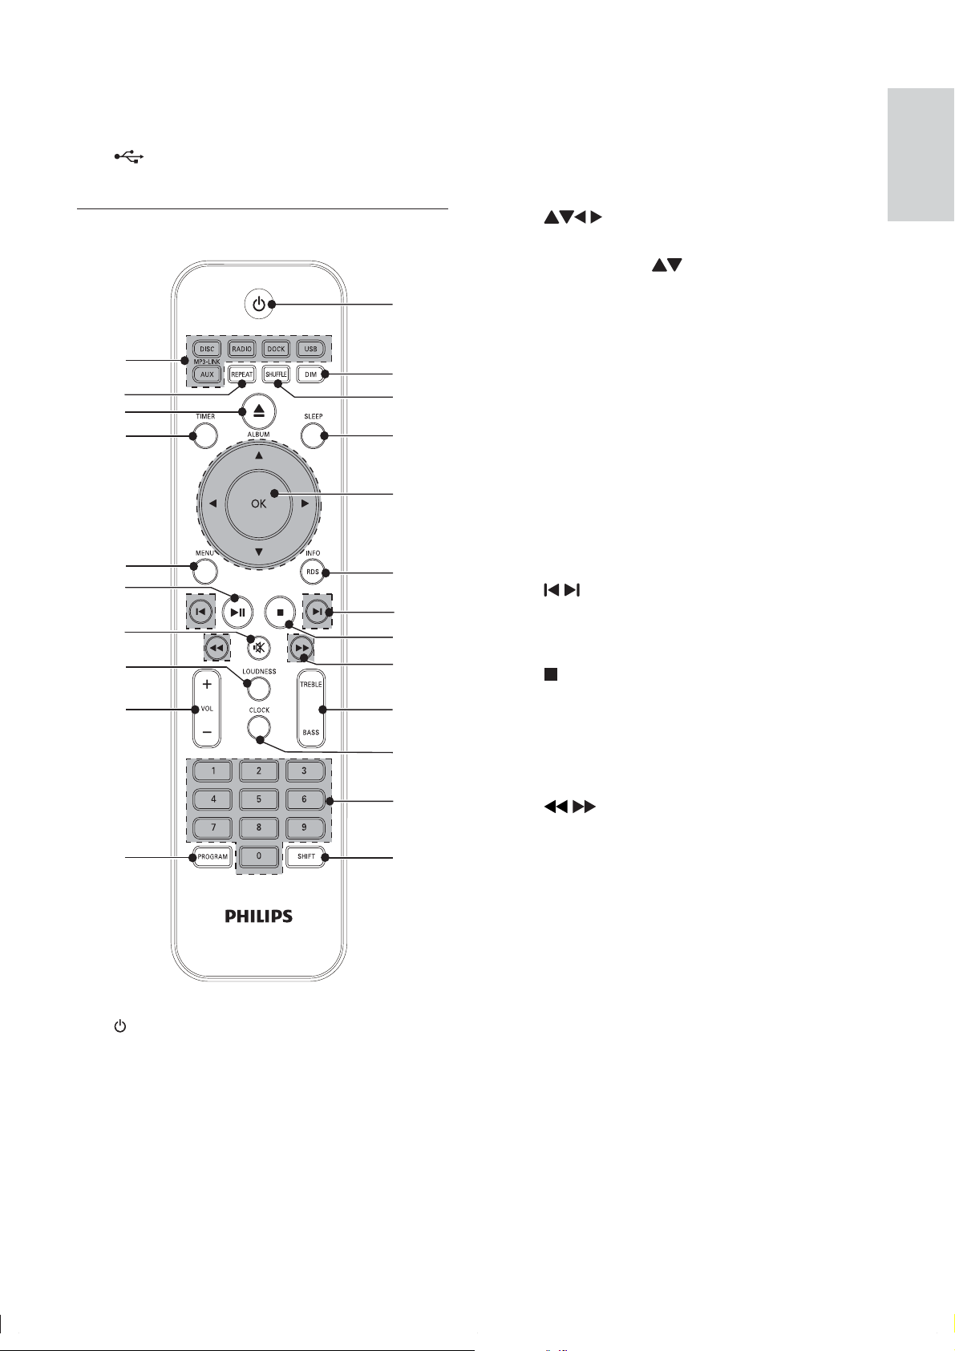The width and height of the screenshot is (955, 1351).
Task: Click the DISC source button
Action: coord(207,349)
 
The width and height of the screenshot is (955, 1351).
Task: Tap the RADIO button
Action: coord(242,349)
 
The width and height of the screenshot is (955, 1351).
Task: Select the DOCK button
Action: coord(277,349)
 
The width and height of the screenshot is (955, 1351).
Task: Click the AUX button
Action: coord(207,374)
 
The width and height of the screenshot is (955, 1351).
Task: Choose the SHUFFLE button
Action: coord(277,374)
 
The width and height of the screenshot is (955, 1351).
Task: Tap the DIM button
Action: coord(310,374)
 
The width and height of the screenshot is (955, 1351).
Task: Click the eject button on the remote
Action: coord(259,411)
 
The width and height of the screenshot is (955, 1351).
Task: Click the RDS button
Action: coord(313,572)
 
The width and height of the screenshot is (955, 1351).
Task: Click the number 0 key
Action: coord(259,855)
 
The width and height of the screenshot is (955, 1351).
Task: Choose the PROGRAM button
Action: coord(212,856)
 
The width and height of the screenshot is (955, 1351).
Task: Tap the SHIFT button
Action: coord(306,856)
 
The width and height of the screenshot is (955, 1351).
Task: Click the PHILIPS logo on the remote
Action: coord(259,916)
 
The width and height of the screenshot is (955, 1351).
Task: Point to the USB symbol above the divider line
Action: coord(129,157)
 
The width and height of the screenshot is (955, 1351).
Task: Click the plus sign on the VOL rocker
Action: coord(207,684)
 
